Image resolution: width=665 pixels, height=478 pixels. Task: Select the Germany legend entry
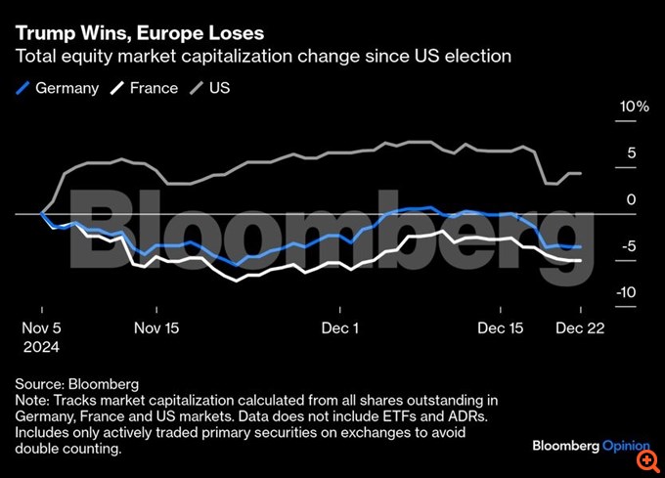pos(59,88)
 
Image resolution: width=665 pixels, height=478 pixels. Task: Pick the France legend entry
pos(144,88)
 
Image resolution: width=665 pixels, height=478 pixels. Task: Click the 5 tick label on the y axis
pos(631,152)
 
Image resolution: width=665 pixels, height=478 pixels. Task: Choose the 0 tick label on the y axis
pos(631,199)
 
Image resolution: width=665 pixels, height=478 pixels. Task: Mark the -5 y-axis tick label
pos(630,246)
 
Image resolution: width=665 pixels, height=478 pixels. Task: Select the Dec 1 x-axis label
pos(340,328)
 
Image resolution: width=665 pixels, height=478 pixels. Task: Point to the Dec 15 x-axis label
pos(501,328)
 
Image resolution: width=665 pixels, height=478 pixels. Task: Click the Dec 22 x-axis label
pos(581,328)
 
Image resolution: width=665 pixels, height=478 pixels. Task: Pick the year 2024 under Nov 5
pos(42,347)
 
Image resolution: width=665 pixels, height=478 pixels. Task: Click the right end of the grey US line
pos(581,173)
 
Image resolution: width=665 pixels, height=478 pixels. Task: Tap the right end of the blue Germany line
pos(581,247)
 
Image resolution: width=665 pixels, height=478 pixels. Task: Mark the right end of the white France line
pos(581,261)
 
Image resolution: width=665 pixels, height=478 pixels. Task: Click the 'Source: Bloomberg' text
pos(77,383)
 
